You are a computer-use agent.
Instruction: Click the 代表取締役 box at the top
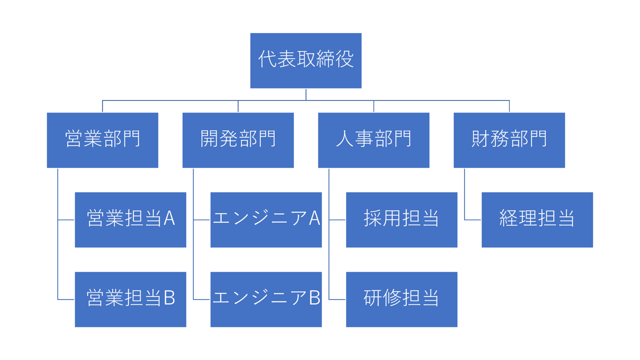point(306,60)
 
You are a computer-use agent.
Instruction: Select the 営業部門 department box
point(102,140)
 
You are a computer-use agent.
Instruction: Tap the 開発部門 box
point(238,140)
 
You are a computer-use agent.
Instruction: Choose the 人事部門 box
point(373,140)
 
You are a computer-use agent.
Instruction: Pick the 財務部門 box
point(509,140)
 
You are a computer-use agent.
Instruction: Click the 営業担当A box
point(130,220)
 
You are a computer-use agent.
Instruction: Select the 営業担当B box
point(130,299)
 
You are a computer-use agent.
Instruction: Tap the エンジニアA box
point(266,220)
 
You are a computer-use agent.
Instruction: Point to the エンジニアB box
point(266,299)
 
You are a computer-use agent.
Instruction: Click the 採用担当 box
point(401,220)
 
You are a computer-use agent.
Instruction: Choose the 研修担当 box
point(401,299)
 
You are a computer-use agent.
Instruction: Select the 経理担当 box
point(537,220)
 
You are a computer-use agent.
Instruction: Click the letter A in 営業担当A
point(169,218)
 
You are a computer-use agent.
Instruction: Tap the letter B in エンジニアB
point(315,298)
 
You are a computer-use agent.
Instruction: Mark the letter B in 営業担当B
point(169,298)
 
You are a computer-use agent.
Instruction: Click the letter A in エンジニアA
point(315,218)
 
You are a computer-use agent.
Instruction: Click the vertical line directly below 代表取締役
point(306,94)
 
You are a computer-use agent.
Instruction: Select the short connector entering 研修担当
point(337,299)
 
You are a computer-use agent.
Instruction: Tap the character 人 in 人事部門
point(345,139)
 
